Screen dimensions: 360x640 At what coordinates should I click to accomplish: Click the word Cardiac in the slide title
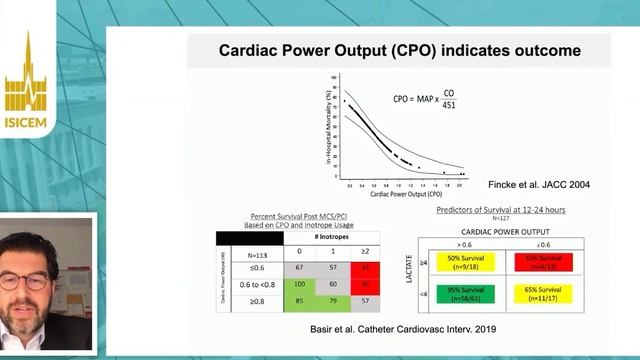coord(251,50)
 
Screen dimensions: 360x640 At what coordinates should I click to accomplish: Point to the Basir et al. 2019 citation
coord(416,328)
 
